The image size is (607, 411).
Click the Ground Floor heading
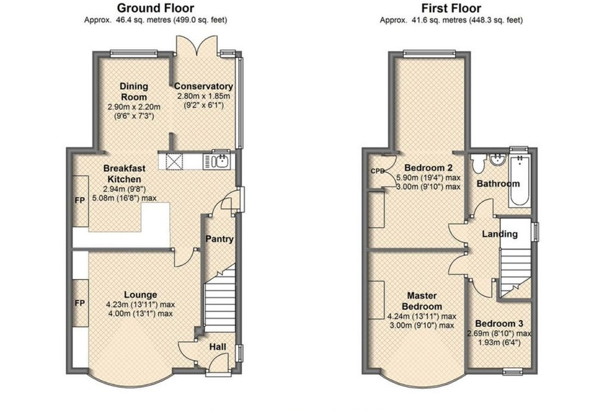click(x=155, y=8)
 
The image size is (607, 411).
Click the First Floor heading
click(x=451, y=8)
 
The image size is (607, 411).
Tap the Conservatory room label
click(x=203, y=86)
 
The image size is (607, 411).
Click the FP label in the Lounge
click(x=80, y=303)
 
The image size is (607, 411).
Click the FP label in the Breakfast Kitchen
click(x=80, y=201)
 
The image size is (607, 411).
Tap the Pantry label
click(x=219, y=239)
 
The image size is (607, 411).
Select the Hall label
click(x=217, y=347)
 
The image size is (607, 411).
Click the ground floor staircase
click(x=219, y=298)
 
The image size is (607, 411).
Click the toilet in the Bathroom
click(x=477, y=163)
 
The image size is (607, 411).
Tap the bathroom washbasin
click(x=497, y=160)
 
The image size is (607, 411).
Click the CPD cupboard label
click(x=377, y=171)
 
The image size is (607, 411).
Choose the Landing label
click(x=500, y=234)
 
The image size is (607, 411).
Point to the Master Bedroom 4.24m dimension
click(x=421, y=316)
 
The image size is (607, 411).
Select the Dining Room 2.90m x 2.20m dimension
click(x=134, y=107)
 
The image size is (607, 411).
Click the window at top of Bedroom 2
click(x=429, y=54)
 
